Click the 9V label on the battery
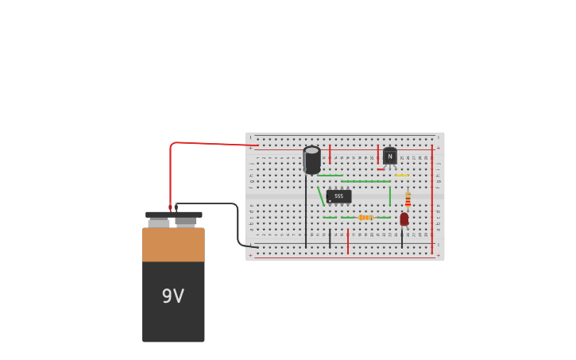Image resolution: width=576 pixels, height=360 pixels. point(173,296)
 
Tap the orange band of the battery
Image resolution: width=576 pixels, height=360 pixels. point(173,245)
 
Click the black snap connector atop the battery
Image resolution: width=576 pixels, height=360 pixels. point(173,215)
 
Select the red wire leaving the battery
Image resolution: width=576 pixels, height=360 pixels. point(199,143)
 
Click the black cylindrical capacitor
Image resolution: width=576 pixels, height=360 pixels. point(311,160)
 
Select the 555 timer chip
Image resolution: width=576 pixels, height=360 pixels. point(338,196)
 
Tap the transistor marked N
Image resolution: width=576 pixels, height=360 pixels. point(389,157)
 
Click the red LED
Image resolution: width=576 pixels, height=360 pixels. point(404,219)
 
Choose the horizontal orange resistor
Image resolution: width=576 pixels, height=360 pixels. point(365,217)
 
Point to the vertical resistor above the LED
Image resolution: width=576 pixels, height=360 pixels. point(408,199)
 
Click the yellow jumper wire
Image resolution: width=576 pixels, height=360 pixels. point(402,175)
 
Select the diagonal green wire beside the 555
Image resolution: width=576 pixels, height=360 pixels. point(321,196)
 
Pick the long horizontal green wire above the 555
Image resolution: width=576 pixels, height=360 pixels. point(365,181)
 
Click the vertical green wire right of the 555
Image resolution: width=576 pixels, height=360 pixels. point(389,195)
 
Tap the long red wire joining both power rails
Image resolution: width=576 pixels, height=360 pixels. point(432,199)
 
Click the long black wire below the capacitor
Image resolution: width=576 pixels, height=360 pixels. point(306,215)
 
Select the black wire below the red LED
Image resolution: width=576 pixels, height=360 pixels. point(402,237)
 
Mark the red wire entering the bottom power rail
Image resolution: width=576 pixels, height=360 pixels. point(347,241)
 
